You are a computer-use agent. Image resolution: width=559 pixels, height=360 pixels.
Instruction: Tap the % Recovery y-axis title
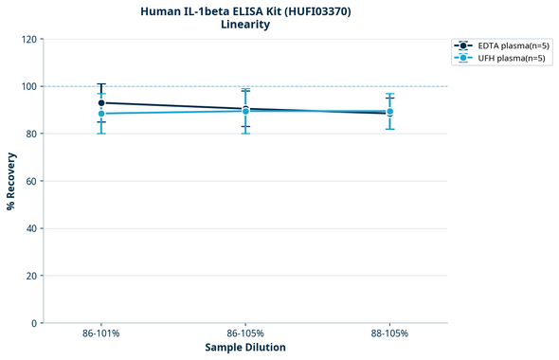click(11, 180)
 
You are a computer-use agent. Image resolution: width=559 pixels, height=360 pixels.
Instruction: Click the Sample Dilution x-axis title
click(245, 348)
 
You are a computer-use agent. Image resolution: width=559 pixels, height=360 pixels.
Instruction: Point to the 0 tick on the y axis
click(33, 323)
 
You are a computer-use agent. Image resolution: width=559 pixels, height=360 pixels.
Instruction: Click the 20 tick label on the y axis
click(30, 276)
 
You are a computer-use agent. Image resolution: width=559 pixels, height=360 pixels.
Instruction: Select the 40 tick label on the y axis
click(30, 228)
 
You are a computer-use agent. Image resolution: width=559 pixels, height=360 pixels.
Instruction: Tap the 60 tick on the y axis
click(30, 181)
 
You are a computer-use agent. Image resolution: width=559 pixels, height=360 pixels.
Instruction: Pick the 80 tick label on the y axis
click(30, 134)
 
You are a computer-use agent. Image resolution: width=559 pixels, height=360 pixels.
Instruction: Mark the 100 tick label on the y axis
click(27, 86)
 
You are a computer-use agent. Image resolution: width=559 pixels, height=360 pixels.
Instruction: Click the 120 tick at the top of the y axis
click(27, 39)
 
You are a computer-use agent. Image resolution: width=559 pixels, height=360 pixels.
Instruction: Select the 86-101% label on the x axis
click(101, 334)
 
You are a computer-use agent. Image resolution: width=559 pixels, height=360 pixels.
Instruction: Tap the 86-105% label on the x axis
click(245, 334)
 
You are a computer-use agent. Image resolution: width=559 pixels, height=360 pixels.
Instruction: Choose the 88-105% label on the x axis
click(389, 334)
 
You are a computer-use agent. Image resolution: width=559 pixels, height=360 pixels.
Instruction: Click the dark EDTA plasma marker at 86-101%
click(101, 102)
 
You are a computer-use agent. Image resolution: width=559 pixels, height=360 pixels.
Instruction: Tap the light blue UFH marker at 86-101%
click(101, 114)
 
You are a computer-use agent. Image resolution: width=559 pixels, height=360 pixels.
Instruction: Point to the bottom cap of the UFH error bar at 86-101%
click(101, 133)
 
